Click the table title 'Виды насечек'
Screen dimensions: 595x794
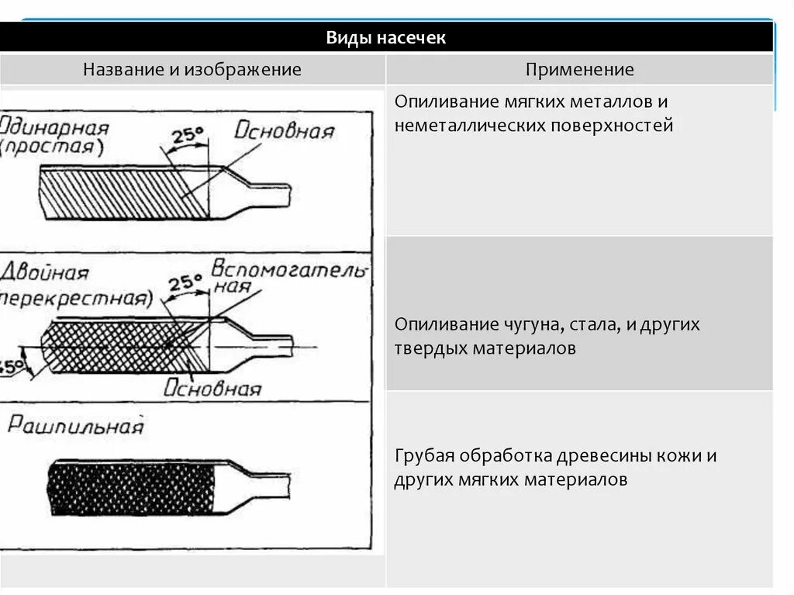click(385, 38)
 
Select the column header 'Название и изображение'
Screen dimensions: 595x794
click(192, 70)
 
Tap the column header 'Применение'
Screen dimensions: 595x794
click(579, 70)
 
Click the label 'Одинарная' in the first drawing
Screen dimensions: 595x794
click(54, 127)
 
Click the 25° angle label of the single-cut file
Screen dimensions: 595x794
click(187, 136)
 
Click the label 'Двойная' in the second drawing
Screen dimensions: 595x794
click(45, 273)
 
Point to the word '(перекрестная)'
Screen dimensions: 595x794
click(74, 298)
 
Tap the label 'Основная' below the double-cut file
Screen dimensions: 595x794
click(212, 388)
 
